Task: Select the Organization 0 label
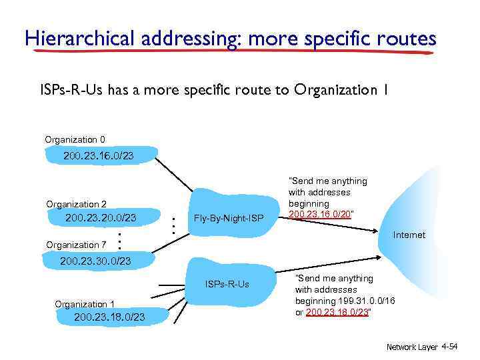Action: click(x=75, y=139)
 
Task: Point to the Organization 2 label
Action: click(x=76, y=204)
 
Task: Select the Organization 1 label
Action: click(x=85, y=304)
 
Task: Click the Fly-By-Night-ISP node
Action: click(x=229, y=219)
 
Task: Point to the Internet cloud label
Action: click(x=409, y=235)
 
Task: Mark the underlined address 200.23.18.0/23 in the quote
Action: click(x=337, y=311)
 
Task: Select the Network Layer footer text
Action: click(x=412, y=347)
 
